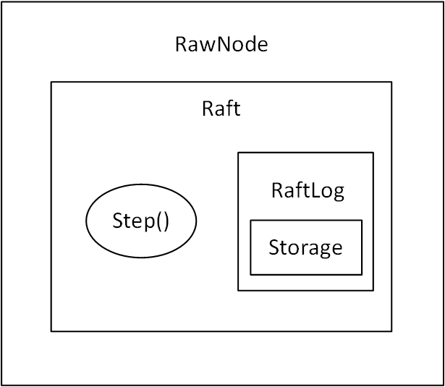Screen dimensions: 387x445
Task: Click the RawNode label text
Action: tap(221, 45)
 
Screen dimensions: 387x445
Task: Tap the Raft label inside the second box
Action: tap(221, 109)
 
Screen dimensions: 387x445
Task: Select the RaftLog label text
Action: tap(307, 190)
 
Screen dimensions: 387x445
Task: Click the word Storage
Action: tap(305, 247)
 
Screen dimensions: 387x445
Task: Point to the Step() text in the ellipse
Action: tap(141, 221)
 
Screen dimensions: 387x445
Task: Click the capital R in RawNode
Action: tap(181, 45)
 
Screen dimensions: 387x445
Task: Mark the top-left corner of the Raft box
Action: tap(51, 82)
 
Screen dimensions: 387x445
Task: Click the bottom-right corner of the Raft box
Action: tap(391, 331)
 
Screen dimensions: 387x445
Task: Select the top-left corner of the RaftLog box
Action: tap(238, 153)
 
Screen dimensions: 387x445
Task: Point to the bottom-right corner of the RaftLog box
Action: tap(373, 291)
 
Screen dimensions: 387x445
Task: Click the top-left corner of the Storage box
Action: tap(251, 221)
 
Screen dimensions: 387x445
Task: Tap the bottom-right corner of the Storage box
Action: tap(362, 275)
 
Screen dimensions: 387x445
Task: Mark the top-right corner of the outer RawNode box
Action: tap(442, 2)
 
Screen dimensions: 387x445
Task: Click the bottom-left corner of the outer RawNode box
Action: tap(2, 384)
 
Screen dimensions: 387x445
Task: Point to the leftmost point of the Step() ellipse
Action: tap(86, 221)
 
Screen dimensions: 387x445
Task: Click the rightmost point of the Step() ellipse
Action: tap(196, 221)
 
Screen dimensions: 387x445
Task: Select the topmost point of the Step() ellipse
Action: tap(141, 184)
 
